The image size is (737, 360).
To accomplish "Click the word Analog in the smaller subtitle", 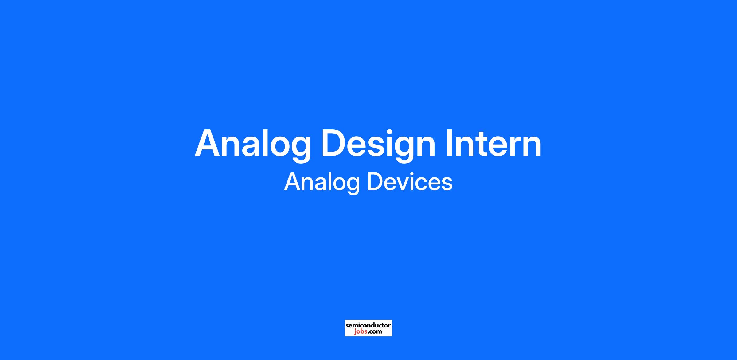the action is (x=322, y=183).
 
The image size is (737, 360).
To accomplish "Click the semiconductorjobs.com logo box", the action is (x=368, y=328).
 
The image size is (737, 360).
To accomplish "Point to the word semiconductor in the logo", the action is (x=368, y=325).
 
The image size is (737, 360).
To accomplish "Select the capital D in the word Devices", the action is (x=375, y=182).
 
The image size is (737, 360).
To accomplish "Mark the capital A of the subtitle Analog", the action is (x=292, y=182).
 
